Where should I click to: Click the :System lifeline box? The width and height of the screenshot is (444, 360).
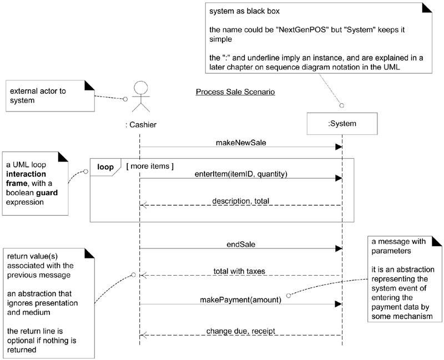(342, 124)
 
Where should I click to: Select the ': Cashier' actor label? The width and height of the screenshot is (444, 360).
(141, 125)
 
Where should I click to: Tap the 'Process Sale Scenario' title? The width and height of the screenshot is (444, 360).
(235, 92)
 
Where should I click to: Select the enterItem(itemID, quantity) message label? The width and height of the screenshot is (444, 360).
(240, 174)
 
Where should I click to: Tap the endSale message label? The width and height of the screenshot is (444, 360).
(240, 243)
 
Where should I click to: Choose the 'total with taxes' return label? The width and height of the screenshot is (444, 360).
(240, 271)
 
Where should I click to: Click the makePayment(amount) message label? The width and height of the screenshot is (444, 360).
(240, 300)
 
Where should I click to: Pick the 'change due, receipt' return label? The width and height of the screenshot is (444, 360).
(240, 331)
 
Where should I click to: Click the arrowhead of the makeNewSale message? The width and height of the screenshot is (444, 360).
(338, 147)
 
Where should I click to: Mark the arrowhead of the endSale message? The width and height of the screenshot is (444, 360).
(338, 249)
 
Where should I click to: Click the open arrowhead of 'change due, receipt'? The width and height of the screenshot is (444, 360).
(143, 335)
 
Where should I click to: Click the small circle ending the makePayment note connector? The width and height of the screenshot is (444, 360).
(289, 295)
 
